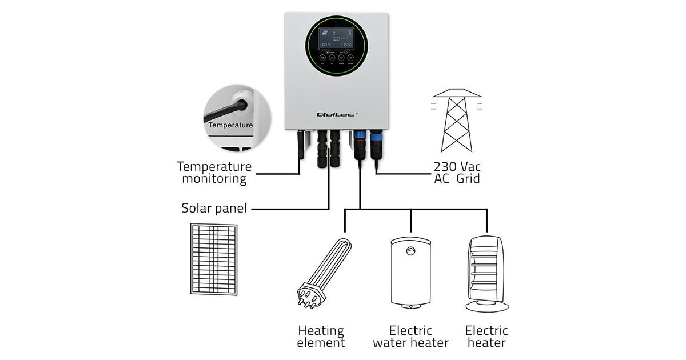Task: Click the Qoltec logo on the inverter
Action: pos(336,115)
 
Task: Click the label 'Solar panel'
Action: pos(214,208)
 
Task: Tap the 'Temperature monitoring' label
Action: pos(214,173)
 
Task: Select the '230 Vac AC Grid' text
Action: pos(457,173)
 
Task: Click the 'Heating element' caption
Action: pos(321,337)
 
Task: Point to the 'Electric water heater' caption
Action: pos(411,337)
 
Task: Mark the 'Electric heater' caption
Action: pos(486,337)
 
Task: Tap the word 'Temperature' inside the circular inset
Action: pos(230,125)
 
